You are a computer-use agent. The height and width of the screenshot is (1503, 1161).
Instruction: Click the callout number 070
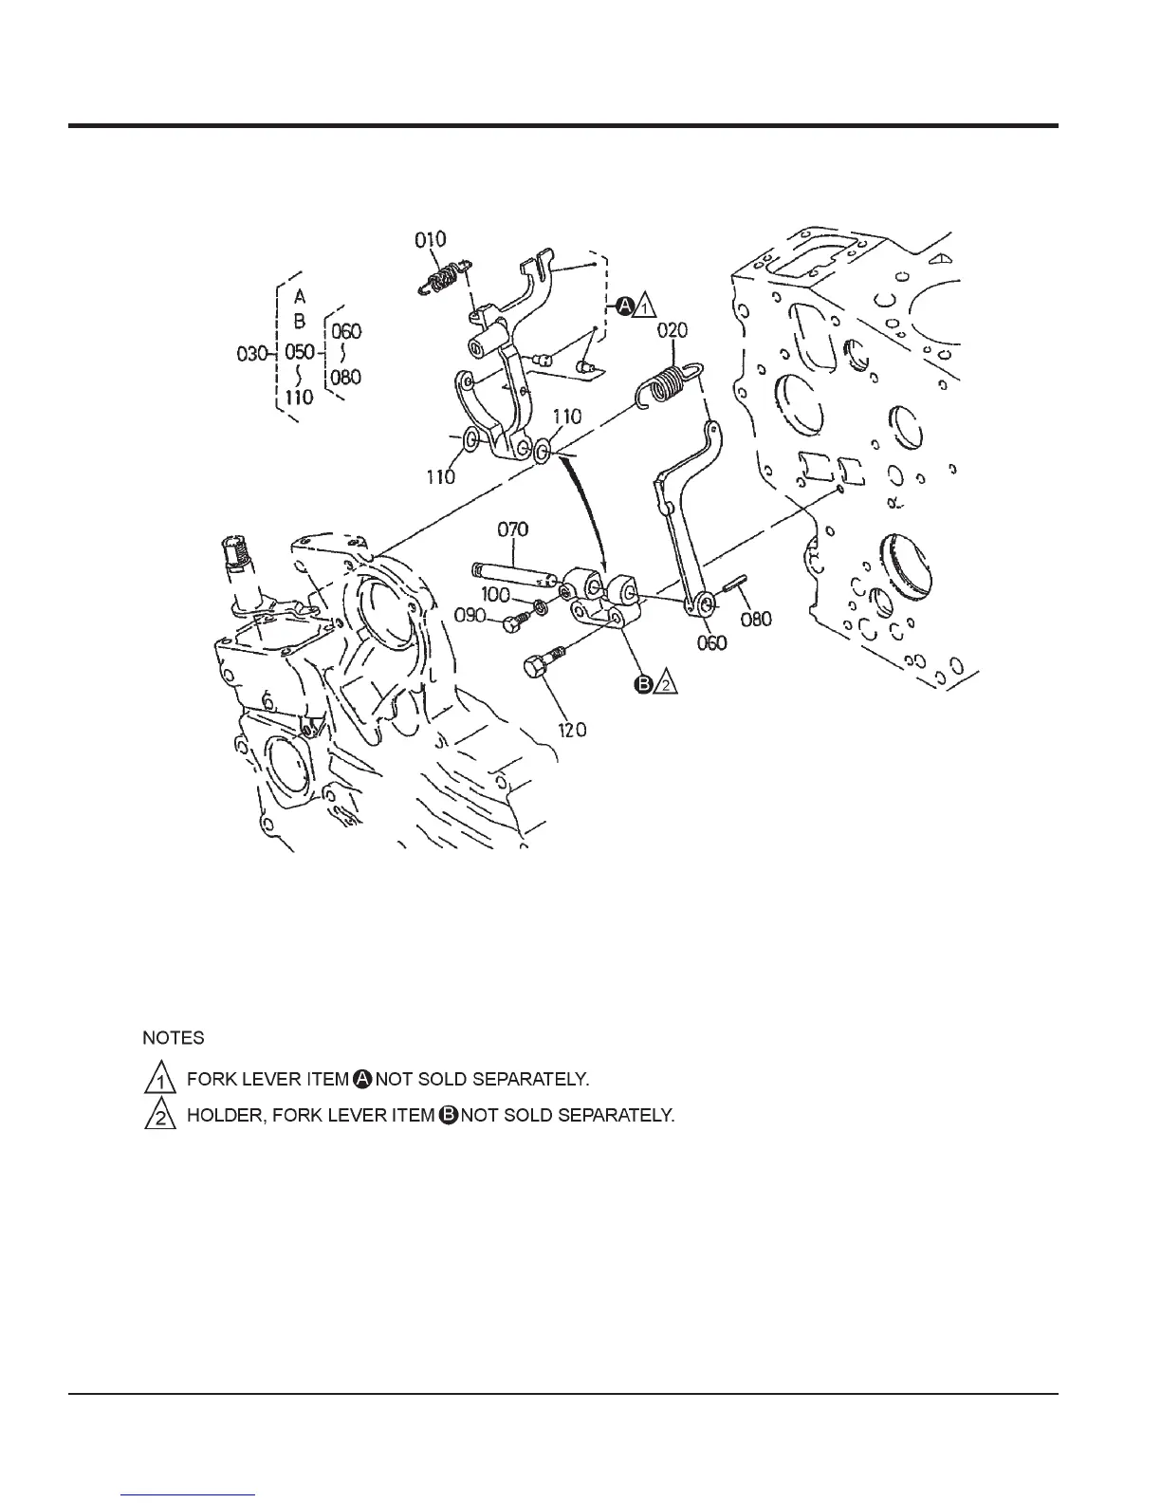pyautogui.click(x=512, y=529)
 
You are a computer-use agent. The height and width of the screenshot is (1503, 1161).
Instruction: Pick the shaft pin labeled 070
pyautogui.click(x=512, y=574)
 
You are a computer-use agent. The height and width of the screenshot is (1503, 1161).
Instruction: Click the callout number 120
pyautogui.click(x=571, y=729)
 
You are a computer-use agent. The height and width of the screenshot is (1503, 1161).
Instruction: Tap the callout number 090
pyautogui.click(x=470, y=615)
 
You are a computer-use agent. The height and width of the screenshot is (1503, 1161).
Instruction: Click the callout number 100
pyautogui.click(x=497, y=594)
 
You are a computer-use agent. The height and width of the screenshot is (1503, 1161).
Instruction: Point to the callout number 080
pyautogui.click(x=756, y=619)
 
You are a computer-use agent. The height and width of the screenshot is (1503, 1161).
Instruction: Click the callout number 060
pyautogui.click(x=711, y=642)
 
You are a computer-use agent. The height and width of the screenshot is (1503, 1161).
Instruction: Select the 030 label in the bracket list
pyautogui.click(x=251, y=354)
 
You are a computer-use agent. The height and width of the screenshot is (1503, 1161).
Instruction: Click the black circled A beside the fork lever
pyautogui.click(x=625, y=306)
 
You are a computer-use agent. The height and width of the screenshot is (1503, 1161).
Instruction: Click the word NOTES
pyautogui.click(x=174, y=1037)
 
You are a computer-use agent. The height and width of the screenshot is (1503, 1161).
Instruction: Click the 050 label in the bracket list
pyautogui.click(x=300, y=353)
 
